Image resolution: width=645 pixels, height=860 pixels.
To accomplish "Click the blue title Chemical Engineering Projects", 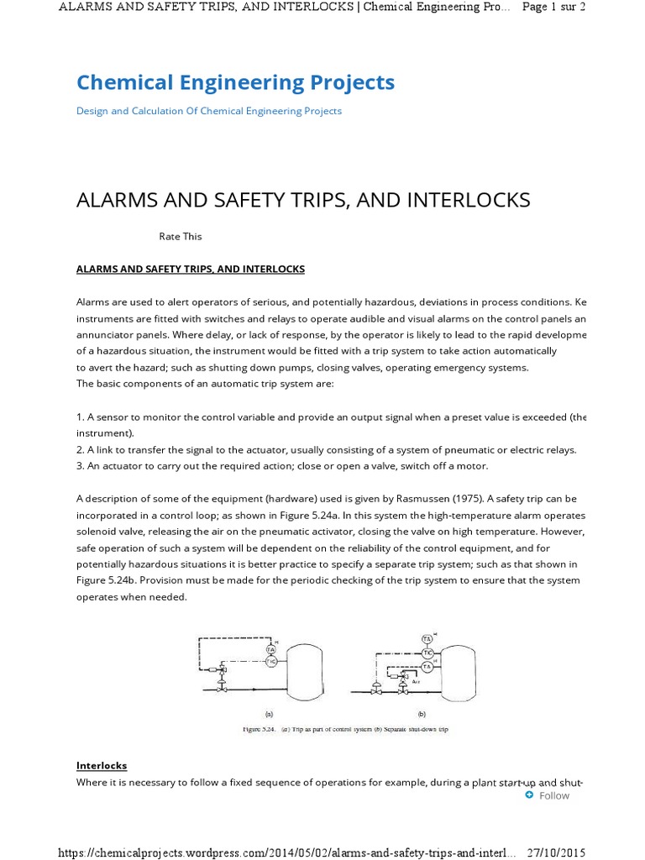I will tap(235, 82).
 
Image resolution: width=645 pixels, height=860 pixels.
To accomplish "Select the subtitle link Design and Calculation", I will tap(208, 111).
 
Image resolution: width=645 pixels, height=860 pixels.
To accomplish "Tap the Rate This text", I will tap(181, 236).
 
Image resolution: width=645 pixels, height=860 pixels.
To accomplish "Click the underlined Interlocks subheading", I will tap(102, 765).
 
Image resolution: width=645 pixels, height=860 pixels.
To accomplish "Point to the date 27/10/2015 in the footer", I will tap(555, 852).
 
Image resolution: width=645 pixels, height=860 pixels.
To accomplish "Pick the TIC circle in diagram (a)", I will tap(270, 662).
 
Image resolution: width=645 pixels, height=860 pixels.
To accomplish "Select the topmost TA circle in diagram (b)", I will tap(427, 639).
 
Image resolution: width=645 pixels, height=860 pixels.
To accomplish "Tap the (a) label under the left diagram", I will tap(268, 712).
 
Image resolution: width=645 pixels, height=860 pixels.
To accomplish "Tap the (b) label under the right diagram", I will tap(420, 712).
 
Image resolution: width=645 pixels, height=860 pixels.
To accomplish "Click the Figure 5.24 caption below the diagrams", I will tap(345, 729).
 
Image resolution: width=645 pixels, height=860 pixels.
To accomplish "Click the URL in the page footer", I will tap(286, 852).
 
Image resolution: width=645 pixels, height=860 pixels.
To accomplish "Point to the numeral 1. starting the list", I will tap(81, 417).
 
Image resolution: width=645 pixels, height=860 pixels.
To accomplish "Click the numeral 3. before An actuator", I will tap(81, 466).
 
